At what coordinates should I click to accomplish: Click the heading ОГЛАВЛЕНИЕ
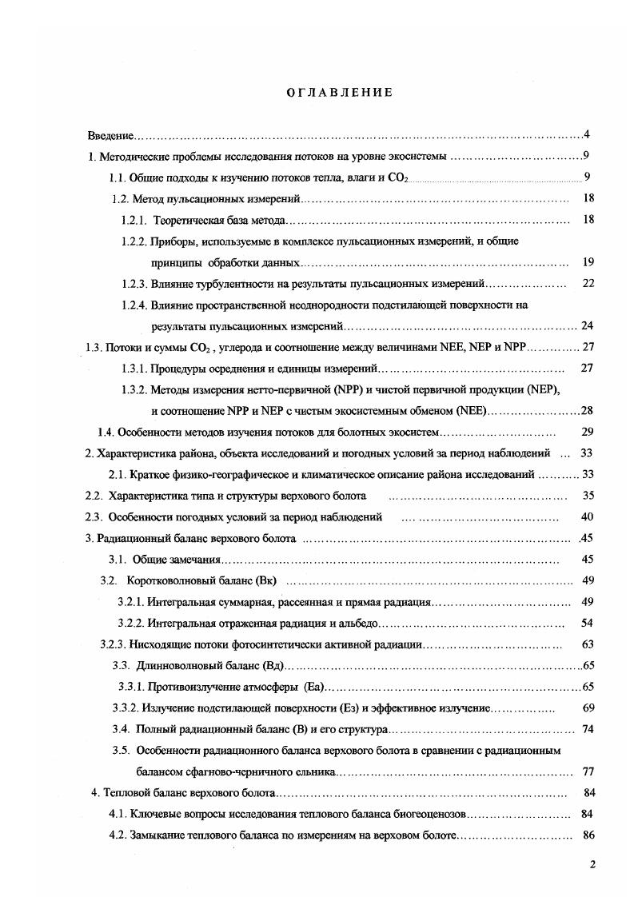[340, 93]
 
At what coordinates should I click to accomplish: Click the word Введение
[110, 136]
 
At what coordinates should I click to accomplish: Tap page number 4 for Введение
[586, 134]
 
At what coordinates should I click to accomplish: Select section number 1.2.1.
[136, 220]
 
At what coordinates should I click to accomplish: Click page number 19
[588, 262]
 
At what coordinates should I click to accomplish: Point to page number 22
[588, 283]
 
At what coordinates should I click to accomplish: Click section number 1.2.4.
[136, 305]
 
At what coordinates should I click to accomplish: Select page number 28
[586, 411]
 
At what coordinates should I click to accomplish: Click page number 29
[588, 432]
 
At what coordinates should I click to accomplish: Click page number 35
[588, 496]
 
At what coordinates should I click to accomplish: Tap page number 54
[588, 623]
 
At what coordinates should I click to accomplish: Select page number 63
[588, 644]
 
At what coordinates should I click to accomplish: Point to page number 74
[588, 729]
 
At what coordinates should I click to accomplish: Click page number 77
[588, 771]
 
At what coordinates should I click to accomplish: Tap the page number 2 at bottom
[592, 865]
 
